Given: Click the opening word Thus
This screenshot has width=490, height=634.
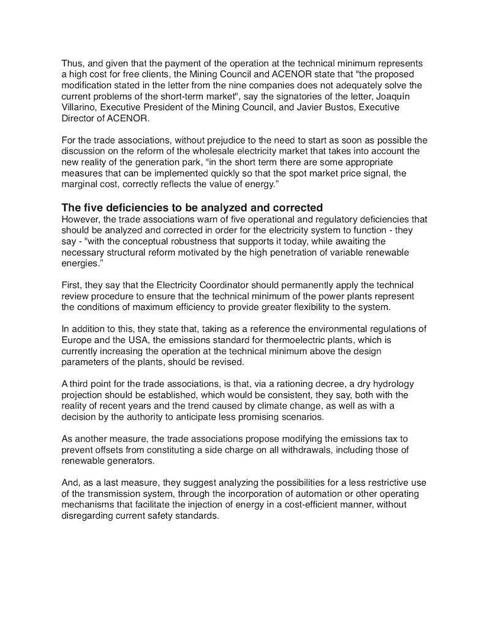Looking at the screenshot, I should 72,63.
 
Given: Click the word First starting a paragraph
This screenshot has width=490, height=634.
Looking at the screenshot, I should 72,285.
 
